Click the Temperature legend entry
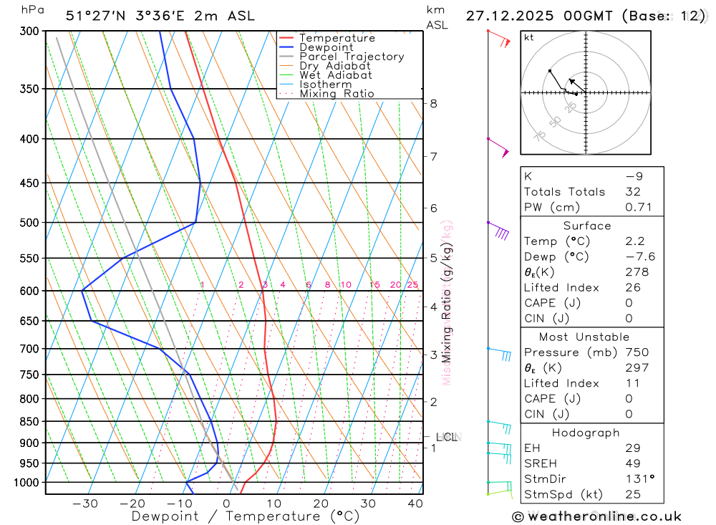(337, 38)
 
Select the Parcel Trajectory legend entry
(351, 57)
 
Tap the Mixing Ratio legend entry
(337, 94)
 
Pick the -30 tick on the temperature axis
(85, 504)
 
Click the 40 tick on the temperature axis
(415, 504)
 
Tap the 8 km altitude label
(433, 103)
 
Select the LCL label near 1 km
(447, 437)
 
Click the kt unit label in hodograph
(529, 37)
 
